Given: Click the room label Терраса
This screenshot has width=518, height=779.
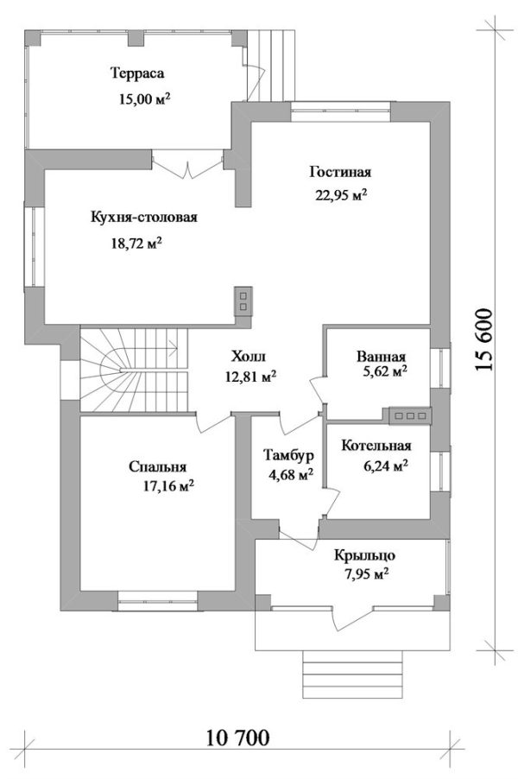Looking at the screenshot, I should [137, 73].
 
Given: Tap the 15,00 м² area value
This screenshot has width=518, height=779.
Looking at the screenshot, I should [143, 99].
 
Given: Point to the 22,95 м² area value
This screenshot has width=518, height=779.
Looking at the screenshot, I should [341, 194].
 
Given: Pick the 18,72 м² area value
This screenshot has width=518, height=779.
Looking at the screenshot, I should [131, 244].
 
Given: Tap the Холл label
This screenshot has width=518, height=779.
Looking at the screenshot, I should [250, 356].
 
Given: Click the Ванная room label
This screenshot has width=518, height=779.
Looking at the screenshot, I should [381, 357].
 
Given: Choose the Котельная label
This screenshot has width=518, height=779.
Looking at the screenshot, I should [376, 446].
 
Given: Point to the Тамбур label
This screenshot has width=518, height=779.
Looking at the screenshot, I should [288, 455].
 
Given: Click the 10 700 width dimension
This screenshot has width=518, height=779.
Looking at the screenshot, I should [238, 738].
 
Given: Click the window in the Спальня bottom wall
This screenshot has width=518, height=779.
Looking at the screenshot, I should [157, 594].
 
